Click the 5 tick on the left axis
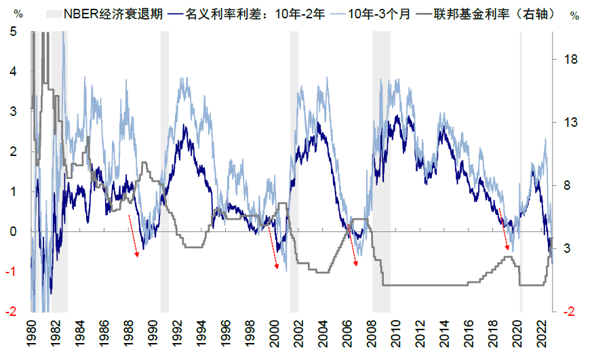[14, 32]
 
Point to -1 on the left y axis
[12, 271]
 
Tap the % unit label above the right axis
[575, 14]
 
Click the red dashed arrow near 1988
[134, 235]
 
